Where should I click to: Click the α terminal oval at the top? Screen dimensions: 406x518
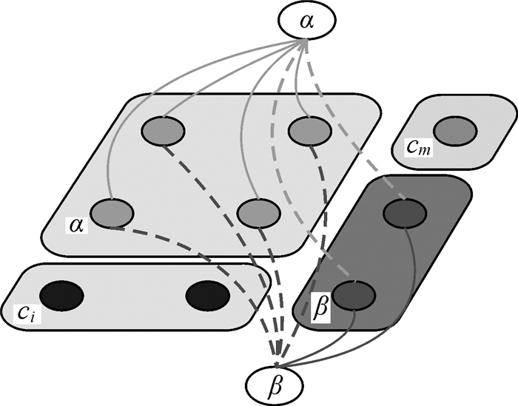pos(305,21)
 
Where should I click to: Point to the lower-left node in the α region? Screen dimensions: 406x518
pos(112,213)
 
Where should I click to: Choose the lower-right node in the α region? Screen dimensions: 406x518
pos(258,213)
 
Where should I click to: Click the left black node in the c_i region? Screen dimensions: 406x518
pos(61,296)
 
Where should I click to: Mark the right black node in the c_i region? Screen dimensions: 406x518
pos(207,296)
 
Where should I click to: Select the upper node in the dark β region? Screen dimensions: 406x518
pos(403,214)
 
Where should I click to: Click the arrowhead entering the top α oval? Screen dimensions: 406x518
pos(304,44)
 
